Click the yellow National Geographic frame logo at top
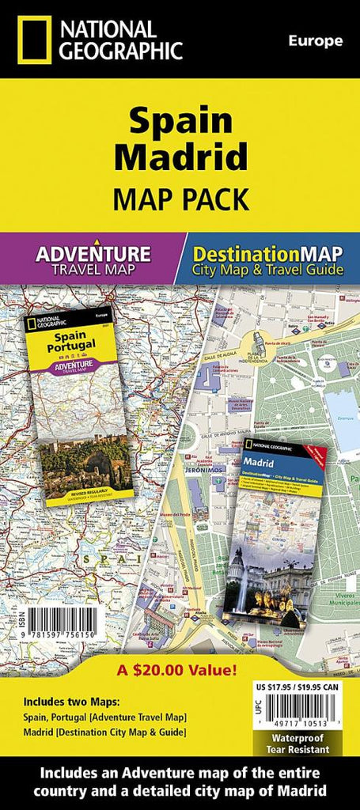point(32,40)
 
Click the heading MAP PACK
point(180,198)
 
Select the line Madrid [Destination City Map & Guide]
point(105,732)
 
